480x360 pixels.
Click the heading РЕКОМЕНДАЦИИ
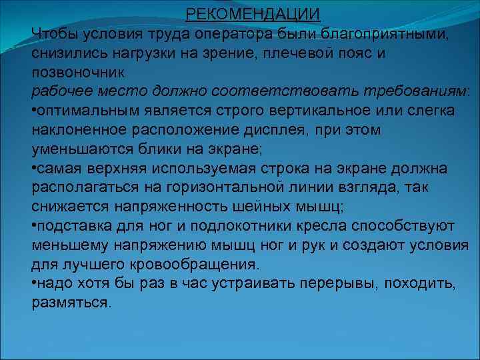tap(252, 13)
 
